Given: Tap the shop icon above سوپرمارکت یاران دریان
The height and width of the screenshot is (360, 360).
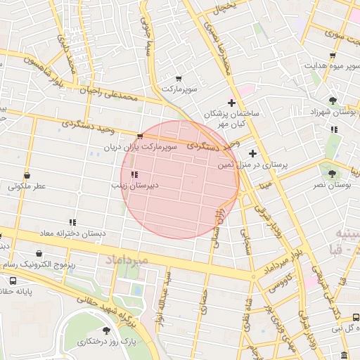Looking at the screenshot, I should pyautogui.click(x=140, y=136).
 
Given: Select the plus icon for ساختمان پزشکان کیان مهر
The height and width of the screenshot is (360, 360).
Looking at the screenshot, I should pyautogui.click(x=231, y=103).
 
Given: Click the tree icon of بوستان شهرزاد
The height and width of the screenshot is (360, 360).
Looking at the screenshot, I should pyautogui.click(x=332, y=100).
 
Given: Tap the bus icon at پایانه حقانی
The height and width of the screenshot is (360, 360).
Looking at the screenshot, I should pyautogui.click(x=12, y=280).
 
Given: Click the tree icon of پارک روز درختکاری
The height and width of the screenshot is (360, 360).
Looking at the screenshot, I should pyautogui.click(x=106, y=330).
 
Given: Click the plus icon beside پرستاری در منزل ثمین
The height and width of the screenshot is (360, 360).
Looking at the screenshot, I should pyautogui.click(x=252, y=153).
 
